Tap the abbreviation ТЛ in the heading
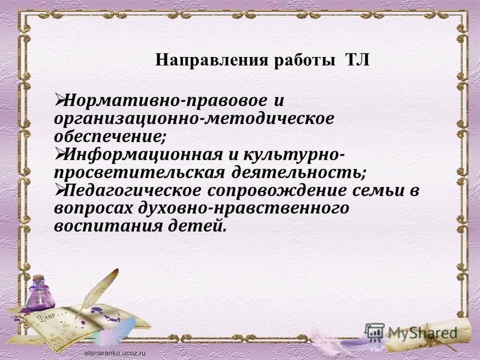(x=358, y=60)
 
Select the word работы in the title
(x=305, y=61)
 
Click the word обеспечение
(x=110, y=136)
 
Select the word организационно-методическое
(x=194, y=118)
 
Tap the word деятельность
(x=298, y=172)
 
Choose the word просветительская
(x=139, y=173)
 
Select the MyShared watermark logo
(x=411, y=332)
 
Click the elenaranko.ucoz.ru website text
(x=115, y=353)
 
